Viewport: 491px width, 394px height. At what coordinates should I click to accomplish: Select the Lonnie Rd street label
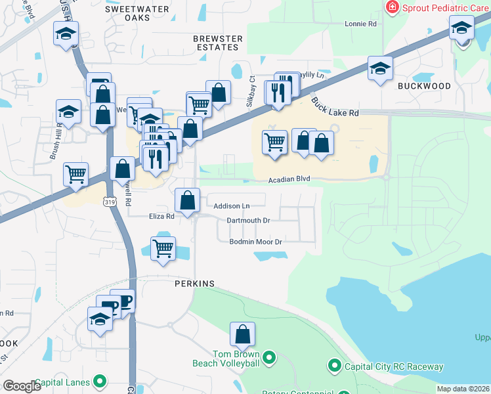point(361,24)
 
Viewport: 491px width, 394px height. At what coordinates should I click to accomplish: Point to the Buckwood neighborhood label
point(424,86)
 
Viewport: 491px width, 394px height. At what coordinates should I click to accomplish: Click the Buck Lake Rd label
point(335,106)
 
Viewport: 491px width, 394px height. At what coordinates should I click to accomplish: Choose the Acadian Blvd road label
point(288,179)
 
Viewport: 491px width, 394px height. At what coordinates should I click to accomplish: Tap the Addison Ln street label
point(232,206)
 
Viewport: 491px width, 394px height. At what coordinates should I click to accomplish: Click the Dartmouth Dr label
point(248,221)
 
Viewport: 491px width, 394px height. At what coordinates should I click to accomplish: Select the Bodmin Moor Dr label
point(255,242)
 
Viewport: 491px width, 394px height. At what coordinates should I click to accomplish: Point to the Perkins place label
point(195,284)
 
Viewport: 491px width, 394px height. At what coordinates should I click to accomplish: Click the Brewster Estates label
point(217,43)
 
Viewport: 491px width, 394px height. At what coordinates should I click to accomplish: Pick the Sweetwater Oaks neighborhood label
point(137,13)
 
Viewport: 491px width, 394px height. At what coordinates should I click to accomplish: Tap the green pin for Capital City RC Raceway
point(334,366)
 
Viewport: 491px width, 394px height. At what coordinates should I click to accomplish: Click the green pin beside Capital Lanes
point(100,381)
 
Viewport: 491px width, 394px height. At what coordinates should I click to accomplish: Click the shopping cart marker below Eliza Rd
point(163,249)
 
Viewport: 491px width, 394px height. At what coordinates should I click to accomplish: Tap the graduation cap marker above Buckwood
point(380,69)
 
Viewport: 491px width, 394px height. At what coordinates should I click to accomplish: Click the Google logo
point(22,386)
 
